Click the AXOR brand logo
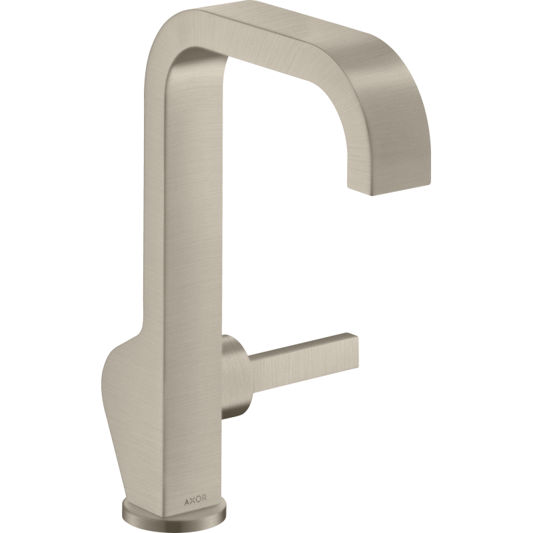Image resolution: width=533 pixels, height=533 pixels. (x=195, y=499)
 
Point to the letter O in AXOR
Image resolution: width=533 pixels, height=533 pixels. (x=197, y=499)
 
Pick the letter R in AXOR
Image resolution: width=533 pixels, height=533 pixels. (x=204, y=498)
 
